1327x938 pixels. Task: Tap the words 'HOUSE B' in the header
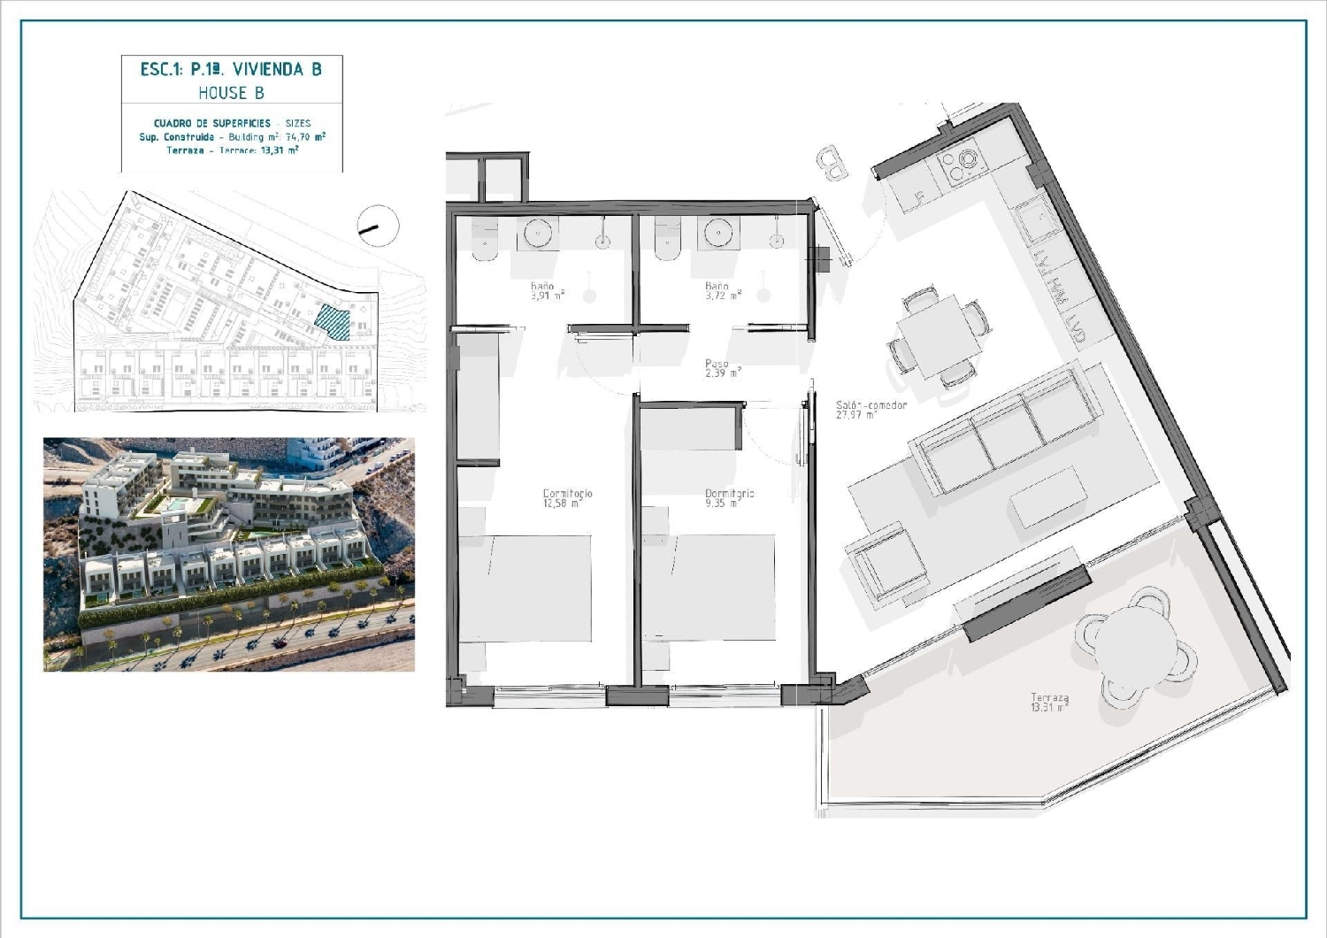tap(231, 93)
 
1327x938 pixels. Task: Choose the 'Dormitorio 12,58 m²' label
tap(567, 498)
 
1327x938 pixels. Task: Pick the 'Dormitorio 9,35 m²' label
tap(729, 498)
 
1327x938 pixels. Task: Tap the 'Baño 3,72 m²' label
tap(720, 291)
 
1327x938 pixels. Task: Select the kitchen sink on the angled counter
tap(1032, 219)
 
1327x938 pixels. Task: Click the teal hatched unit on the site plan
tap(334, 322)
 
